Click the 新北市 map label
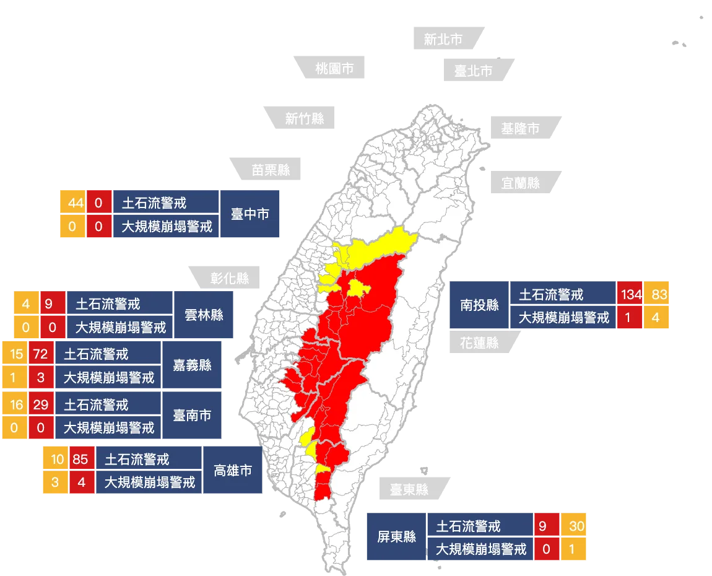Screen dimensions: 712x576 tap(443, 39)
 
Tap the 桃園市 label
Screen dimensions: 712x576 tap(334, 68)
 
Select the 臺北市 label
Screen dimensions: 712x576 tap(474, 71)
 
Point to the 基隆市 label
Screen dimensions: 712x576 tap(520, 128)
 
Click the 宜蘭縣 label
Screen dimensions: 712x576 tap(521, 183)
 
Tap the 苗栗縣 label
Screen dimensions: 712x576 tap(271, 169)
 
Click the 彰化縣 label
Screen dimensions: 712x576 tap(230, 278)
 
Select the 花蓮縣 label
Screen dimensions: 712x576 tap(479, 342)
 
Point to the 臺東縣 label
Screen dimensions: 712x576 tap(409, 489)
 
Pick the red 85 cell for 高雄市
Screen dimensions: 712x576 tap(80, 460)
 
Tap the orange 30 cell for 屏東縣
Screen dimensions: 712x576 tap(576, 526)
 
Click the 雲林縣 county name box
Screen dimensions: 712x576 tap(204, 315)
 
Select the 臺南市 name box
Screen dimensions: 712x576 tap(192, 415)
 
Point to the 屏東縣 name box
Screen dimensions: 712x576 tap(397, 537)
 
